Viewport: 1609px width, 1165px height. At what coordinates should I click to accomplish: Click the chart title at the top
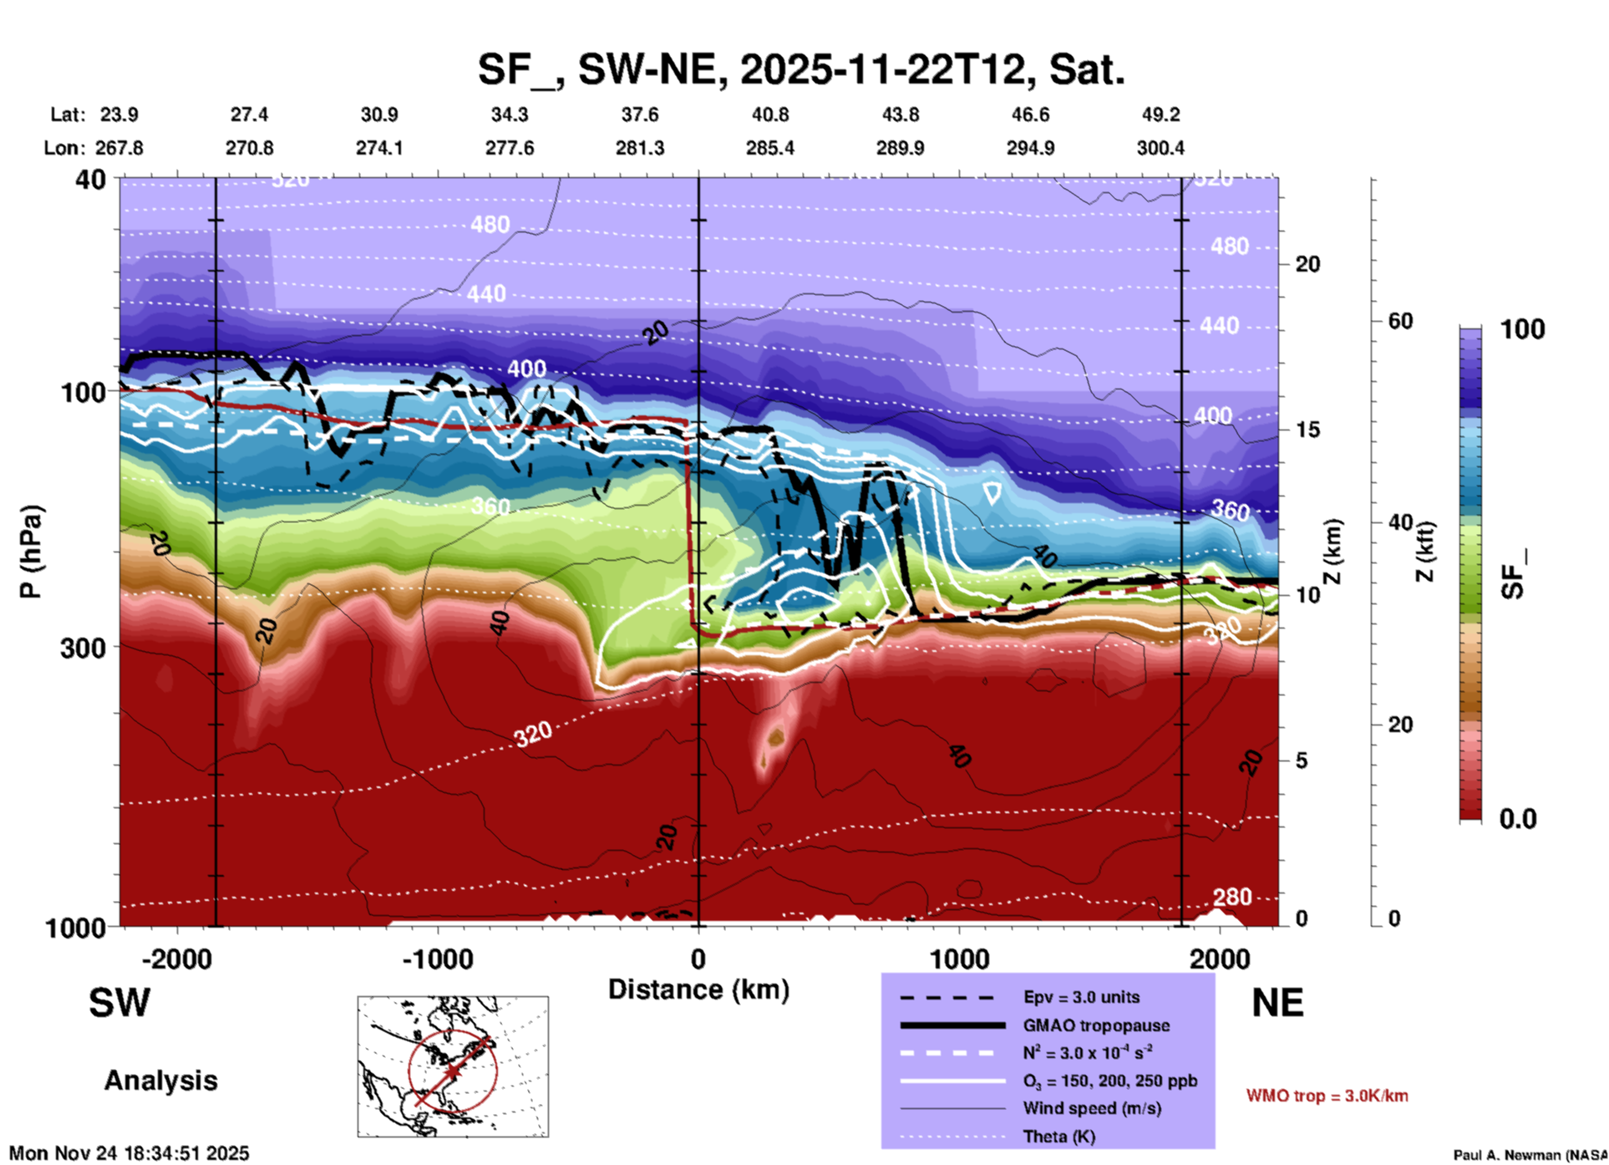(801, 69)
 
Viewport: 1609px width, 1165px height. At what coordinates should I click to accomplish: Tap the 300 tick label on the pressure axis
(84, 648)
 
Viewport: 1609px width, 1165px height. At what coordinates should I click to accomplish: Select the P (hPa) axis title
(31, 551)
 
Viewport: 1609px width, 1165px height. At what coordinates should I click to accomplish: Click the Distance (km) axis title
(698, 989)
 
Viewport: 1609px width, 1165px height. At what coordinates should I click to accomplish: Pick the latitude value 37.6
(640, 114)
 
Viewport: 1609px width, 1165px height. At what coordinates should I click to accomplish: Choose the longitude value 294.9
(1030, 148)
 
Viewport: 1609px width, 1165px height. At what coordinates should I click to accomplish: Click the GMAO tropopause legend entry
(1096, 1025)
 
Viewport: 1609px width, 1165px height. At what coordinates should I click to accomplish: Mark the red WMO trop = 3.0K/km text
(1327, 1096)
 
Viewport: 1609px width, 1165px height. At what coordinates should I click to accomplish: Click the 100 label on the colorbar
(1522, 329)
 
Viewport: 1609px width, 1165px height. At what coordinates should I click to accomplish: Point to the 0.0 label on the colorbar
(1518, 819)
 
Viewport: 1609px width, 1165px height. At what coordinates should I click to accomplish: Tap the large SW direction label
(119, 1003)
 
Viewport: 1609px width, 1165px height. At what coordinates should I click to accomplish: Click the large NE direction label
(1277, 1003)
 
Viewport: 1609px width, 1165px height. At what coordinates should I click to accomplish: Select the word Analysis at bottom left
(160, 1081)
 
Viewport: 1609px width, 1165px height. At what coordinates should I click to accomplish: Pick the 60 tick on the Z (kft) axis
(1400, 321)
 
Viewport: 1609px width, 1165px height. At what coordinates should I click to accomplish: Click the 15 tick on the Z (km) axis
(1307, 430)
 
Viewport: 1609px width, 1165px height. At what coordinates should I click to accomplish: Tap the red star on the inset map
(453, 1071)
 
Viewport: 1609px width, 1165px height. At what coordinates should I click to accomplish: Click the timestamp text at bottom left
(129, 1153)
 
